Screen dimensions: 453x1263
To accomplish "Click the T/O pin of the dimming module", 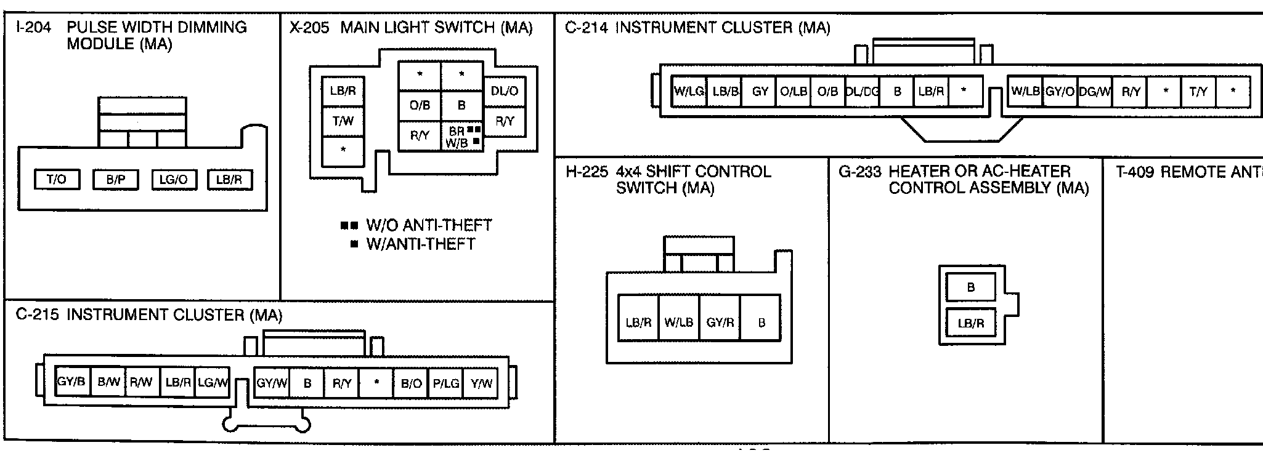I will tap(56, 179).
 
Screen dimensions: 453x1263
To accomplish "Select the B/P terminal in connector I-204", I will tap(116, 179).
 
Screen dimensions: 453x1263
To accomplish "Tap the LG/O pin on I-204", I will tap(173, 179).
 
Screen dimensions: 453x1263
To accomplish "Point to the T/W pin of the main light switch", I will tap(343, 121).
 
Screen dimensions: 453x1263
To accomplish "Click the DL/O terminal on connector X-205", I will tap(505, 91).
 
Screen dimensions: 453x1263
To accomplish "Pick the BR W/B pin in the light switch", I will tap(461, 137).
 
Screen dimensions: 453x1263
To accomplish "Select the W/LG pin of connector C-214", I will tap(689, 91).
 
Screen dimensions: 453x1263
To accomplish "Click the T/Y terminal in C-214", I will tap(1198, 92).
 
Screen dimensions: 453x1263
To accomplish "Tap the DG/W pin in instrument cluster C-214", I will tap(1095, 92).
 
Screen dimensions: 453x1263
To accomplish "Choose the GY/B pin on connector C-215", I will tap(71, 382).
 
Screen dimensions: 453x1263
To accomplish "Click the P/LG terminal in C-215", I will tap(446, 383).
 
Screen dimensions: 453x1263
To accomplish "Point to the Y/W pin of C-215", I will tap(481, 383).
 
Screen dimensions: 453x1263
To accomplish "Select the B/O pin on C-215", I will tap(411, 383).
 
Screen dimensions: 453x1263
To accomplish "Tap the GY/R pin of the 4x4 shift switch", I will tap(720, 322).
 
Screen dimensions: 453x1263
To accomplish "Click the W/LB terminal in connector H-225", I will tap(678, 322).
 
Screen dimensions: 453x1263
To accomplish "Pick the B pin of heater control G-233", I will tap(971, 287).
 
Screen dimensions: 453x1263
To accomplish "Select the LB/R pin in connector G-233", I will tap(971, 323).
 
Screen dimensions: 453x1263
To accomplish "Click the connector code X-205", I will tap(309, 28).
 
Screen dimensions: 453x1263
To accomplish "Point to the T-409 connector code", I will tap(1135, 172).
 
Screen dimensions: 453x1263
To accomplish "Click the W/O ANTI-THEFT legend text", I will tap(429, 225).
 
